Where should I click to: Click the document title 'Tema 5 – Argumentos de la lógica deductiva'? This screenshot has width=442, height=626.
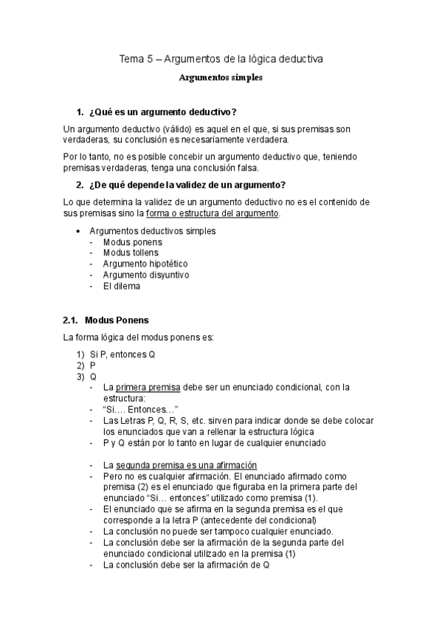221,58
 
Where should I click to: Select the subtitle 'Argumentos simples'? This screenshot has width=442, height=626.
221,76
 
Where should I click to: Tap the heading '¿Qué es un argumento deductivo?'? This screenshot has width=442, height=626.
162,111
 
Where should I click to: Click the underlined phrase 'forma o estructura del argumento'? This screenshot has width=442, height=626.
213,213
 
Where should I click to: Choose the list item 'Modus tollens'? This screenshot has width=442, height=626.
131,252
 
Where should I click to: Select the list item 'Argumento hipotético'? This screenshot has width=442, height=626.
145,264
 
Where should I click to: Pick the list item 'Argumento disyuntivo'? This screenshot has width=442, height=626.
146,275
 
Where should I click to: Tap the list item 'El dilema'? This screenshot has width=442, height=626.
122,286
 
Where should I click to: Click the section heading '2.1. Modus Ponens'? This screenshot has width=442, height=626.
106,320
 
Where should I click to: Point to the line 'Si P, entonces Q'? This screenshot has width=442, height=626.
122,354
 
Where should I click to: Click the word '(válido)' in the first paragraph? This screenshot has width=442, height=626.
168,129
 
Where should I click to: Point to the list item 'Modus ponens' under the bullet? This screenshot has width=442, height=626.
132,241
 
